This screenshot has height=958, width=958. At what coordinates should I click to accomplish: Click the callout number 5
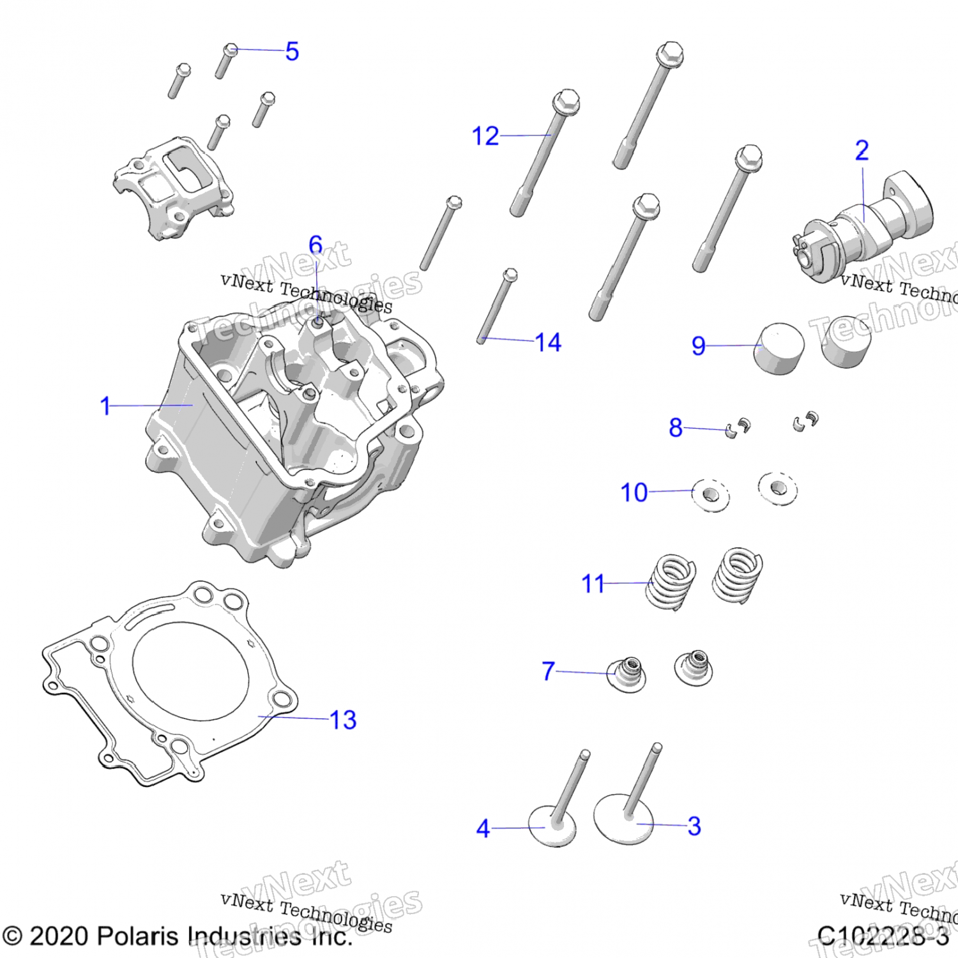(292, 51)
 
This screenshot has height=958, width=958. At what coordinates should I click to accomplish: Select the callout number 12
(485, 136)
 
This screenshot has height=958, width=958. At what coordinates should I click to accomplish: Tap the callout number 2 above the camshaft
(862, 151)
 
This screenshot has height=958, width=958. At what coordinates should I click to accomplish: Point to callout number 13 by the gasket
(343, 720)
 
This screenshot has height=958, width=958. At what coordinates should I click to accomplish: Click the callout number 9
(698, 346)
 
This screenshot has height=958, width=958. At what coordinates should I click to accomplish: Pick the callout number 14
(548, 342)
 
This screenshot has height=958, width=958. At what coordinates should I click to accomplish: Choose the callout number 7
(548, 671)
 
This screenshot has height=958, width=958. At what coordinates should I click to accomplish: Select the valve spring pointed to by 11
(671, 582)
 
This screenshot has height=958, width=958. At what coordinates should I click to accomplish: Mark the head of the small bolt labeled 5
(230, 50)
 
